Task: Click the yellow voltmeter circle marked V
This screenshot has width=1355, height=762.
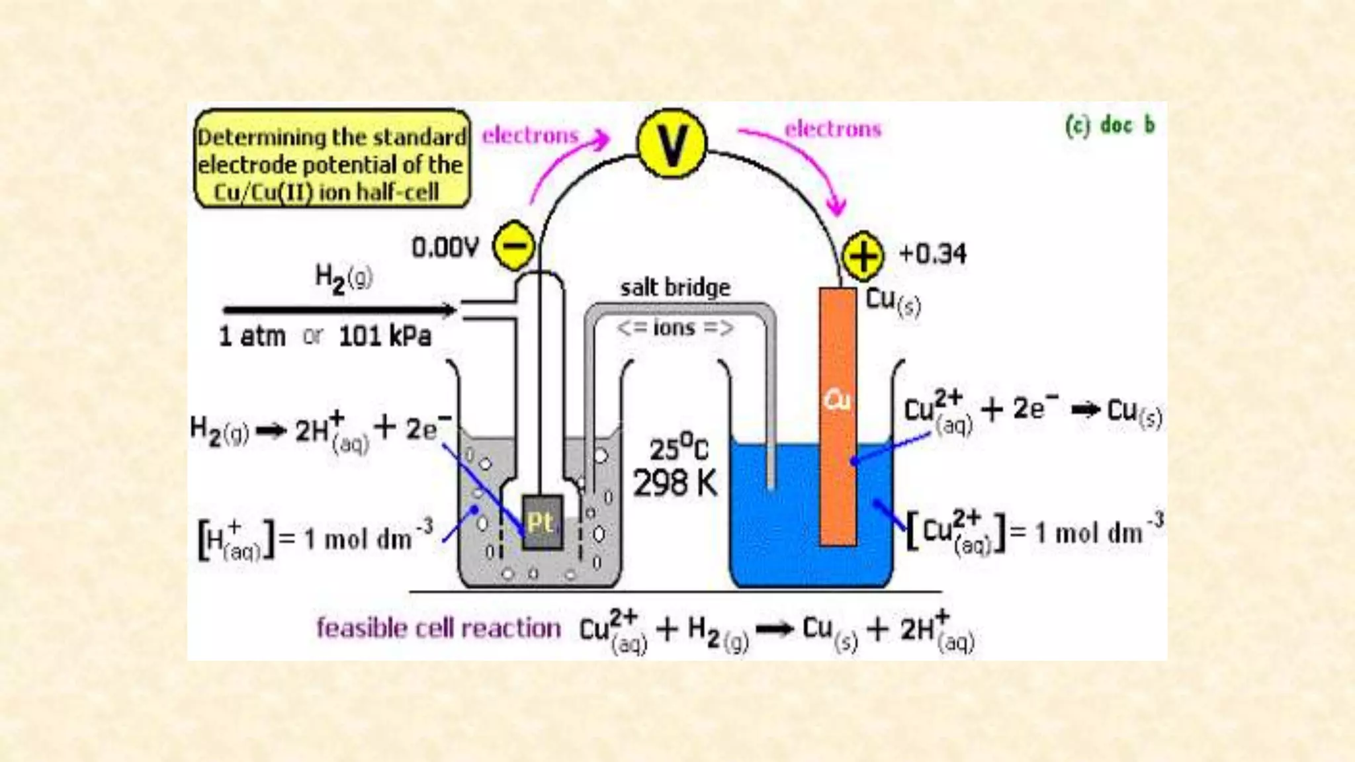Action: pyautogui.click(x=672, y=144)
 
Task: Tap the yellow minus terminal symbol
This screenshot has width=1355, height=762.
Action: pyautogui.click(x=514, y=245)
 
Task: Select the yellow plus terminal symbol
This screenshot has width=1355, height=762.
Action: pyautogui.click(x=862, y=255)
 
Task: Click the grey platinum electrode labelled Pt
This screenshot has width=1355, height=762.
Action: pyautogui.click(x=542, y=523)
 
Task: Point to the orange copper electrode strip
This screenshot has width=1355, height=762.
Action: pyautogui.click(x=838, y=417)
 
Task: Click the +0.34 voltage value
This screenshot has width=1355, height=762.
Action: pyautogui.click(x=932, y=253)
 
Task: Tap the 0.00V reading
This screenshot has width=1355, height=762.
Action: pyautogui.click(x=445, y=247)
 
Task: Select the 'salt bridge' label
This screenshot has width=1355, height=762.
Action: pyautogui.click(x=675, y=288)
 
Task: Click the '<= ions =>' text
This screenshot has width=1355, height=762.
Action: pyautogui.click(x=675, y=327)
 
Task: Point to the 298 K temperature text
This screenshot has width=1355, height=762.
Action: pyautogui.click(x=675, y=484)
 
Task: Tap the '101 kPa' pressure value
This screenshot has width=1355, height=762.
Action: pyautogui.click(x=384, y=336)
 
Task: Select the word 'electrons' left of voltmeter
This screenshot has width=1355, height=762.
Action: pyautogui.click(x=530, y=135)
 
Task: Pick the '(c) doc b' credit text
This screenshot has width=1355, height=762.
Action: pyautogui.click(x=1110, y=124)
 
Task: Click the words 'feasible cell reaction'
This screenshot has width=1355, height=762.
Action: pyautogui.click(x=438, y=628)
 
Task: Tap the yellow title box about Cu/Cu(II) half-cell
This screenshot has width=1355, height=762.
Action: pyautogui.click(x=332, y=159)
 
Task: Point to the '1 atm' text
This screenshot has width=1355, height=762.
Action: pyautogui.click(x=252, y=336)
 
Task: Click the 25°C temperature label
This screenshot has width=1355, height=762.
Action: pyautogui.click(x=677, y=448)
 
